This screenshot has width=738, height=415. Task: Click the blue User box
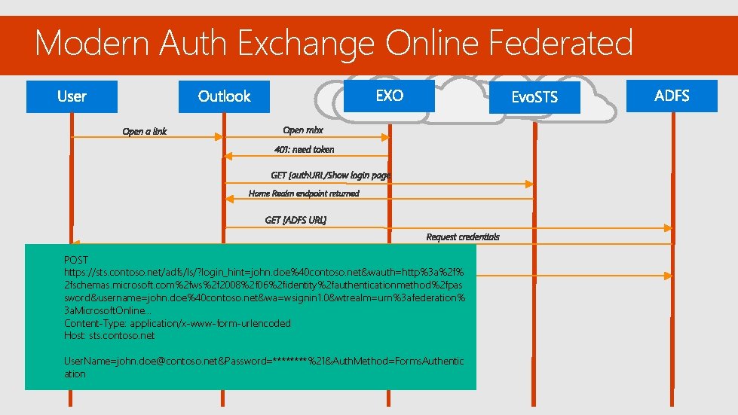coord(72,96)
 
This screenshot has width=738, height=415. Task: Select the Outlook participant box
coord(224,96)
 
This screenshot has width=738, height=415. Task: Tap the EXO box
coord(389,96)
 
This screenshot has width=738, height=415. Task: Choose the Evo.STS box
coord(534,98)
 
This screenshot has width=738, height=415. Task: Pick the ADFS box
coord(672,96)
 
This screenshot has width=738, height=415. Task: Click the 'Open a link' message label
coord(145,132)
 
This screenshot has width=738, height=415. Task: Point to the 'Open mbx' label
coord(303,130)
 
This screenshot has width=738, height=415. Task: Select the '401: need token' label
coord(304,149)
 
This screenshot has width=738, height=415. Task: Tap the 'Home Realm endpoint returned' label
coord(304,194)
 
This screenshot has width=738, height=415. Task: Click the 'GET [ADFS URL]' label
coord(296,220)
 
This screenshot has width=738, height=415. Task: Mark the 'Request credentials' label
coord(462,237)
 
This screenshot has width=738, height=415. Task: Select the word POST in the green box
coord(76,260)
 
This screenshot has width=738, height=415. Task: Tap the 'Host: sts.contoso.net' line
coord(109,335)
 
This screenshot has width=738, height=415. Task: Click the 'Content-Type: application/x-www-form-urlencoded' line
coord(177,323)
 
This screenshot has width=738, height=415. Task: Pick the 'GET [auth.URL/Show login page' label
coord(331,175)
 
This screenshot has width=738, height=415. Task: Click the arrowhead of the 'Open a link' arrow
coord(220,137)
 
